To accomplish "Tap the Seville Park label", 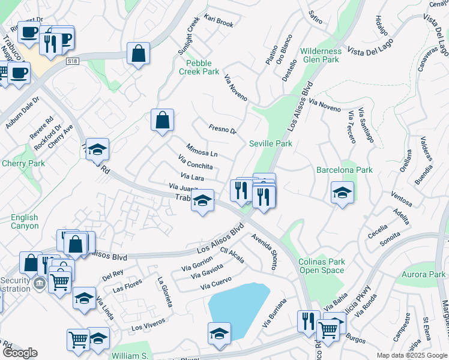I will pyautogui.click(x=271, y=143).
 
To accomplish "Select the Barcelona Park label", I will pyautogui.click(x=345, y=170).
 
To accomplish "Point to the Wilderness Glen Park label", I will pyautogui.click(x=321, y=55).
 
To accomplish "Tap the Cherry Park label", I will pyautogui.click(x=23, y=163).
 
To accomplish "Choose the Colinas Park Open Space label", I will pyautogui.click(x=322, y=266).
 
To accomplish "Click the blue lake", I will pyautogui.click(x=238, y=309).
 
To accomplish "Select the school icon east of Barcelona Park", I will pyautogui.click(x=342, y=193).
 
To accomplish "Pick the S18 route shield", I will pyautogui.click(x=73, y=61).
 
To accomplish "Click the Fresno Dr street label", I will pyautogui.click(x=223, y=129).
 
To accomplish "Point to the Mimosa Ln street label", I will pyautogui.click(x=202, y=150).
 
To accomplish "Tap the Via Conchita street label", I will pyautogui.click(x=195, y=162).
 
